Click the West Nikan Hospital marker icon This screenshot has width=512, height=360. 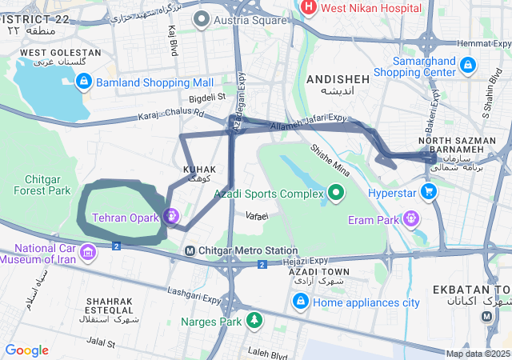[308, 7]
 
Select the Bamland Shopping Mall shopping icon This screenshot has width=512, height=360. [84, 81]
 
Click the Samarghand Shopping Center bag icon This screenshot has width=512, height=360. [467, 65]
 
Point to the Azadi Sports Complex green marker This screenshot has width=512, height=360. [336, 193]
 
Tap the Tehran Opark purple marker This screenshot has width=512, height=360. [170, 216]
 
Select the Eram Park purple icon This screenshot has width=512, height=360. [411, 218]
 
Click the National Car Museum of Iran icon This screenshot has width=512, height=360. [88, 253]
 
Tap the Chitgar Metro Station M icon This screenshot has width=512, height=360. [190, 250]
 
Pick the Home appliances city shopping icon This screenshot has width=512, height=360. [301, 302]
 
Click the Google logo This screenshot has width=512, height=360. [26, 350]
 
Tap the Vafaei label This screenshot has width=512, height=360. [257, 216]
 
